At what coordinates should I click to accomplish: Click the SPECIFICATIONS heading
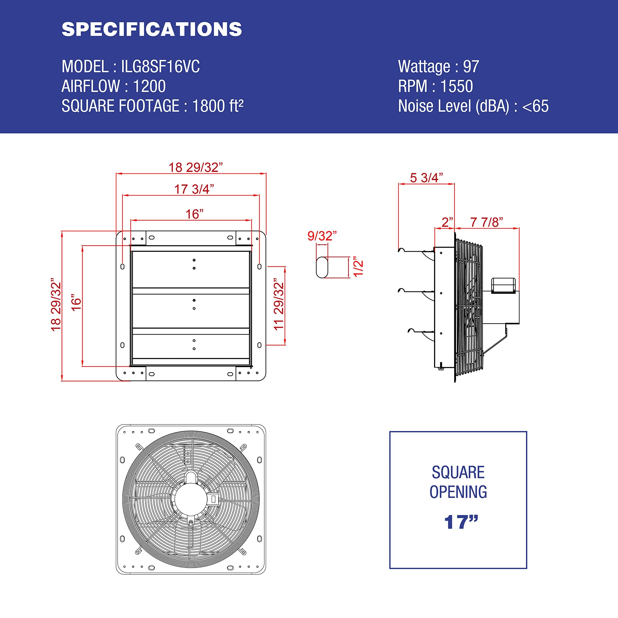(152, 29)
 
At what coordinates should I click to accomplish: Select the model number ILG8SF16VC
(160, 67)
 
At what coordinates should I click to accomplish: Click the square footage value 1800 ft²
(218, 106)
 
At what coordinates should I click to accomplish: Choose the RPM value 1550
(456, 86)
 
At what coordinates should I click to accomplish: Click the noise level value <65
(535, 106)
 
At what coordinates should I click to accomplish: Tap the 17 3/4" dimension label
(194, 189)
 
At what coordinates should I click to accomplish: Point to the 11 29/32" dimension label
(279, 304)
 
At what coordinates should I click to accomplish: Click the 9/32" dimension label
(322, 236)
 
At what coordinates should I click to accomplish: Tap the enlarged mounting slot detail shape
(322, 267)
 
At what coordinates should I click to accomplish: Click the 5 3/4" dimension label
(426, 178)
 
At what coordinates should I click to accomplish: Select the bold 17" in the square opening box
(461, 522)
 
